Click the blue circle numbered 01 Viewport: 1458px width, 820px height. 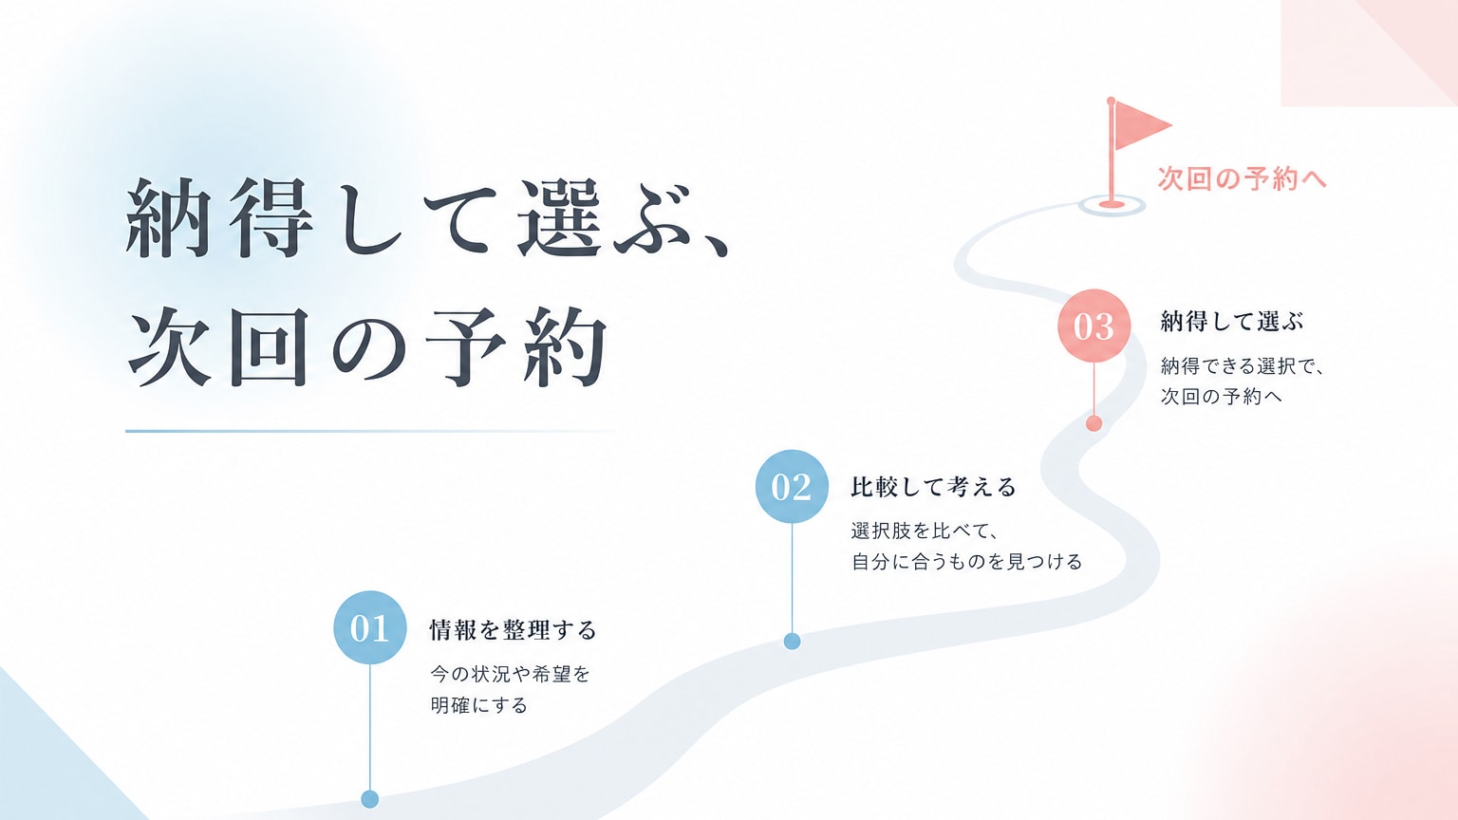pos(369,627)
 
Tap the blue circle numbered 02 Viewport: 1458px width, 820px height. pos(792,486)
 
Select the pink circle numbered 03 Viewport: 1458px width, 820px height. pos(1093,326)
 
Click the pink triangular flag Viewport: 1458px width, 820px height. pos(1140,125)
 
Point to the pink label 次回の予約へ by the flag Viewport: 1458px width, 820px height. pos(1242,178)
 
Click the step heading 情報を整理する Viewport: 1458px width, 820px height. pos(513,630)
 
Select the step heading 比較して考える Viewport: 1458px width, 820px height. pos(933,487)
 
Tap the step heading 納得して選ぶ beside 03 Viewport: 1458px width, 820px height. pos(1232,322)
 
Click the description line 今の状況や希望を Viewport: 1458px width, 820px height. pos(510,674)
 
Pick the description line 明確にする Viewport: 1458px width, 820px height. pos(478,705)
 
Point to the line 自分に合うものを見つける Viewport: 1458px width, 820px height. pos(966,561)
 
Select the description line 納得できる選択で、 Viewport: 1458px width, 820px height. pos(1243,365)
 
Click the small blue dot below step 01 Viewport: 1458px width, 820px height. pos(369,798)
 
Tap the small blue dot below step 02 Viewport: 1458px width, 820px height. pos(792,641)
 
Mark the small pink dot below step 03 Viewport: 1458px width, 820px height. pos(1093,423)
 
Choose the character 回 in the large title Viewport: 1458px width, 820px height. pos(268,346)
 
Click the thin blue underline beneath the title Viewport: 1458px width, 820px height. pos(369,431)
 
